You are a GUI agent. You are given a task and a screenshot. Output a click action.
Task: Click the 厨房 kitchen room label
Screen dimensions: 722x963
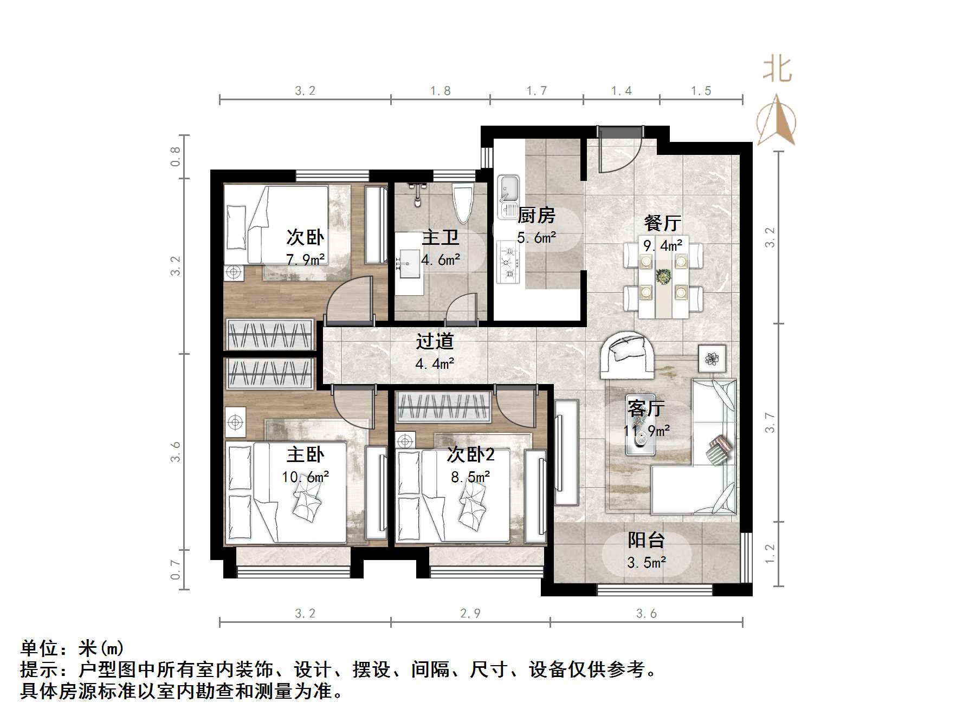point(536,216)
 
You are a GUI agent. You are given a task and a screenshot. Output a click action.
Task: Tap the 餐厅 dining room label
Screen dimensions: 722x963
point(662,223)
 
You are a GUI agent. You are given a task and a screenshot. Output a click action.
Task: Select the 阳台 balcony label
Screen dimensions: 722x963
point(646,540)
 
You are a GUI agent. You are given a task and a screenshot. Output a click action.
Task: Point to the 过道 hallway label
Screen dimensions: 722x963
point(435,341)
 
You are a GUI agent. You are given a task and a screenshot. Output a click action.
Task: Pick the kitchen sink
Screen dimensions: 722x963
point(508,190)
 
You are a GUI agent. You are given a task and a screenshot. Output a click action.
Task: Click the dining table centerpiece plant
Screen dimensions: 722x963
point(663,276)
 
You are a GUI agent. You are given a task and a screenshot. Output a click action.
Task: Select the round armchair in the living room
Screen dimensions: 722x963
point(627,355)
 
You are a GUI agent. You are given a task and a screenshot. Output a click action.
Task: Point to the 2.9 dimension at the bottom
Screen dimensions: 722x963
point(470,613)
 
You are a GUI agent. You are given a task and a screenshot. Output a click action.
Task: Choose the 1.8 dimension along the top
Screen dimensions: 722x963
point(440,90)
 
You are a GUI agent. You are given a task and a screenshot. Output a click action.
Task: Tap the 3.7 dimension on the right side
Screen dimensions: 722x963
point(770,422)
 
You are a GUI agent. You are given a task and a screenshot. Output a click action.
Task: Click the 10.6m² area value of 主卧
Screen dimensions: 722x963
point(305,477)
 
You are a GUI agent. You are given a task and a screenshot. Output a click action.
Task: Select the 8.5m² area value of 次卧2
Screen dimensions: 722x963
point(470,477)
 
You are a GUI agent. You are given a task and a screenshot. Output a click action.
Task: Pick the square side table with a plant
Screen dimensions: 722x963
point(712,358)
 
